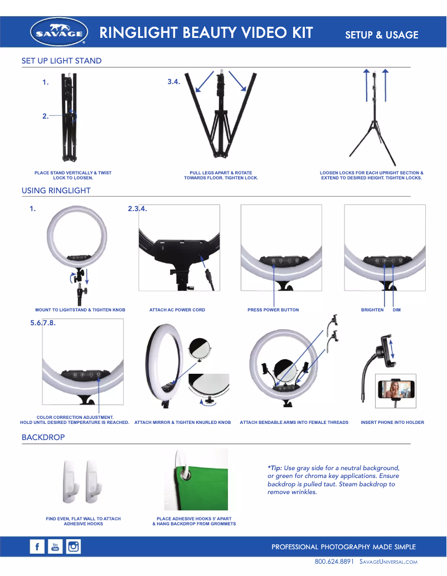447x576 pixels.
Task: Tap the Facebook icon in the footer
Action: click(x=37, y=547)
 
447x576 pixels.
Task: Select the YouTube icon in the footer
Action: click(x=55, y=547)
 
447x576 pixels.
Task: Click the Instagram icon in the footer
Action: click(x=74, y=547)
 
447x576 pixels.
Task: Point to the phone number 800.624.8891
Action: click(x=334, y=562)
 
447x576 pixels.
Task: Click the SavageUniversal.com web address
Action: click(x=388, y=562)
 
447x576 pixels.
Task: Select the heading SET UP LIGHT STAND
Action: click(x=61, y=61)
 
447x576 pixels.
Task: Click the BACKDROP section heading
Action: click(x=43, y=437)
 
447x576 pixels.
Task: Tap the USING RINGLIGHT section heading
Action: click(x=56, y=191)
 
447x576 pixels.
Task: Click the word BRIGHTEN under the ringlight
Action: click(x=372, y=310)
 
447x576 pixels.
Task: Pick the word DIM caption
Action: click(x=397, y=310)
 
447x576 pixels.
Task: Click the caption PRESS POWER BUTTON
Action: click(x=273, y=310)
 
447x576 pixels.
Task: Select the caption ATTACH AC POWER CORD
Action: click(x=177, y=310)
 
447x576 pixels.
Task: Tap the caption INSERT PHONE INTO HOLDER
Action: click(x=392, y=423)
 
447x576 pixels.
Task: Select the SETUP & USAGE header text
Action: click(x=382, y=35)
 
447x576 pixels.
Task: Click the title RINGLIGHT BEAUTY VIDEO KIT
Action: click(x=206, y=33)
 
